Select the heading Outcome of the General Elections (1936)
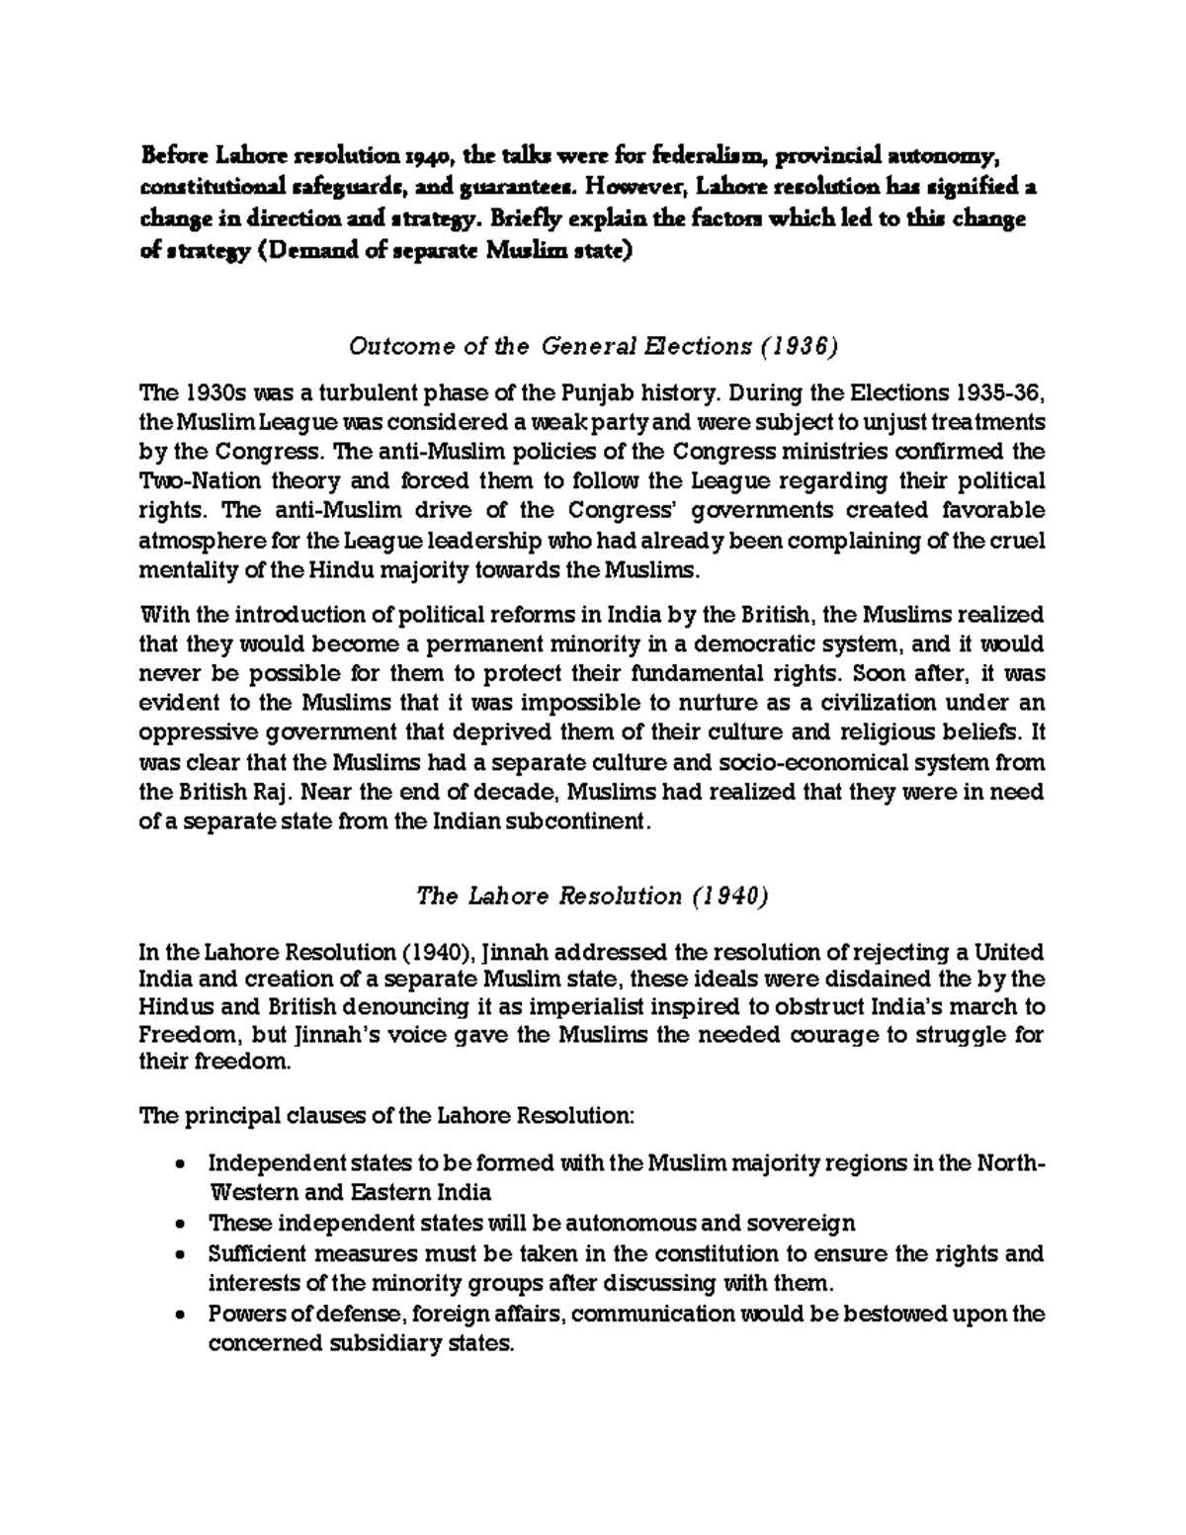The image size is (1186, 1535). tap(593, 346)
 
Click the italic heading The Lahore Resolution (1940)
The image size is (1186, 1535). tap(593, 896)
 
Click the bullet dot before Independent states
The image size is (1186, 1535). tap(179, 1163)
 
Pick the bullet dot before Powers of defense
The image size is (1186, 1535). tap(179, 1316)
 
